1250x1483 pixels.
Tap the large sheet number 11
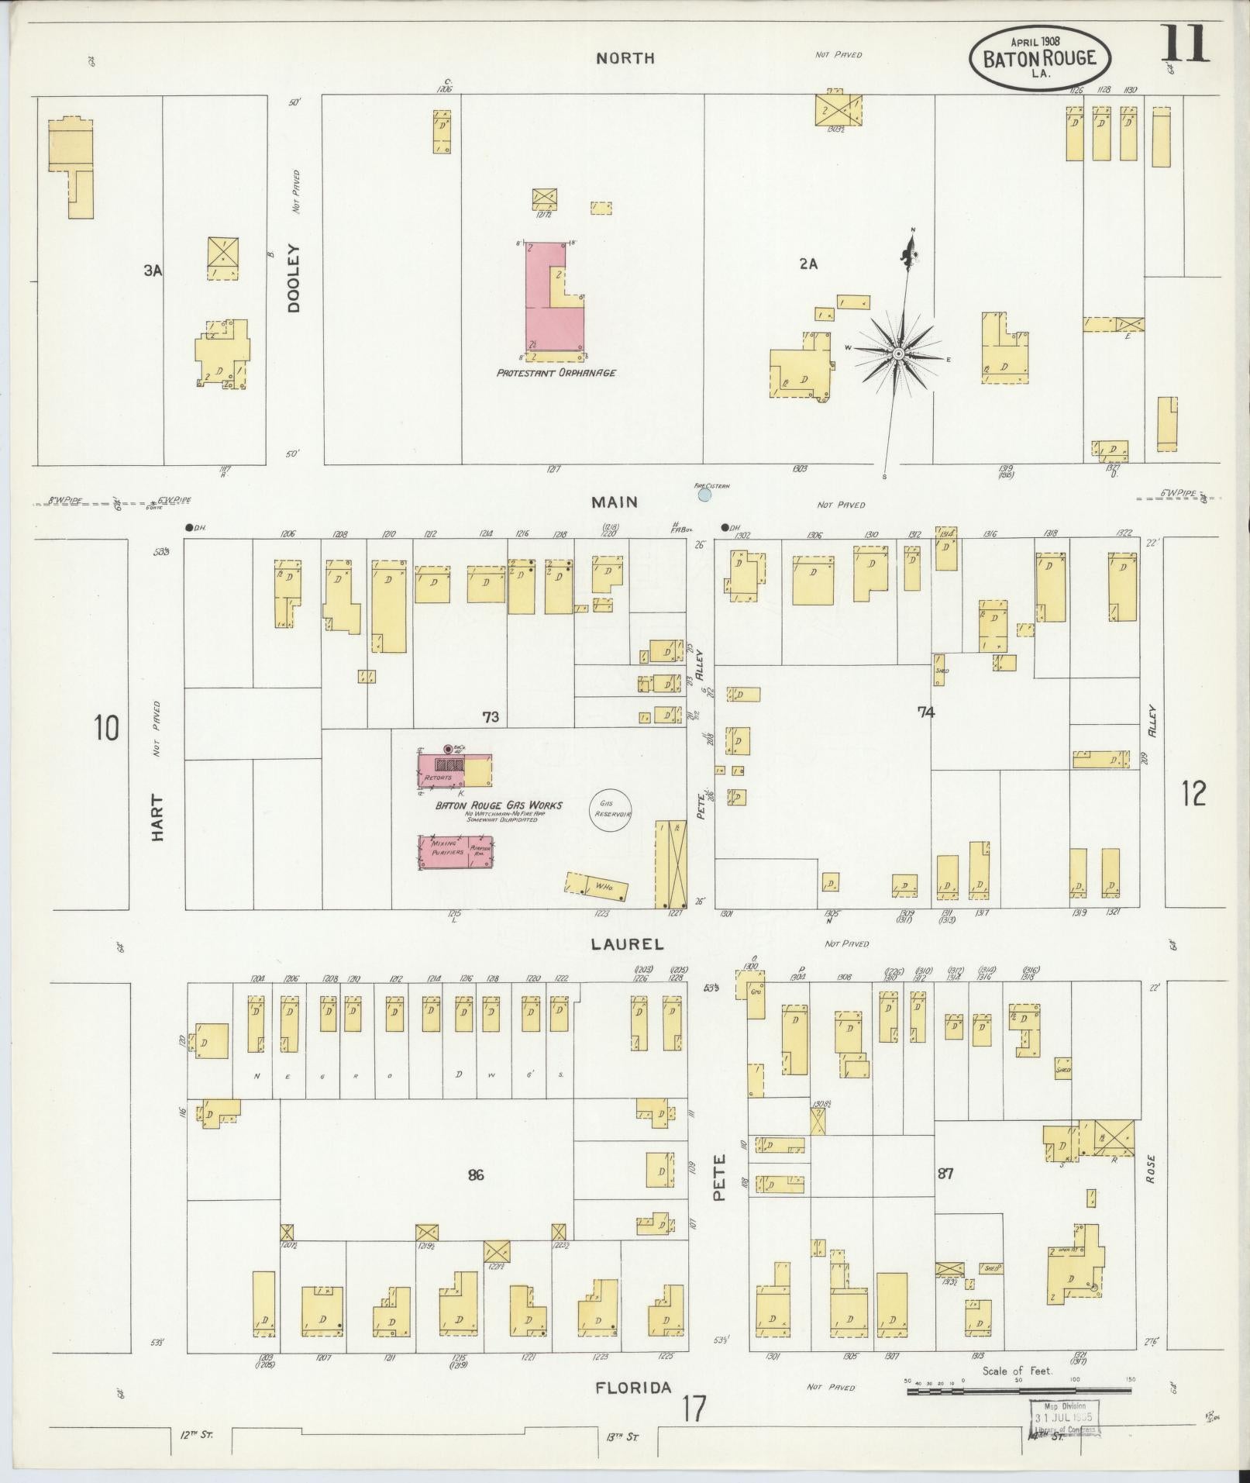coord(1183,43)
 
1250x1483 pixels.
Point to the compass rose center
coord(897,354)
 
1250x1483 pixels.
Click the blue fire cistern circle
coord(704,494)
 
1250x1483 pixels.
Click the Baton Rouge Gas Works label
coord(498,805)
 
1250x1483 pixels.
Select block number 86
coord(476,1176)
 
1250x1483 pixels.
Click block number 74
coord(925,712)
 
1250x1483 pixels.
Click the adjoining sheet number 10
coord(106,729)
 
